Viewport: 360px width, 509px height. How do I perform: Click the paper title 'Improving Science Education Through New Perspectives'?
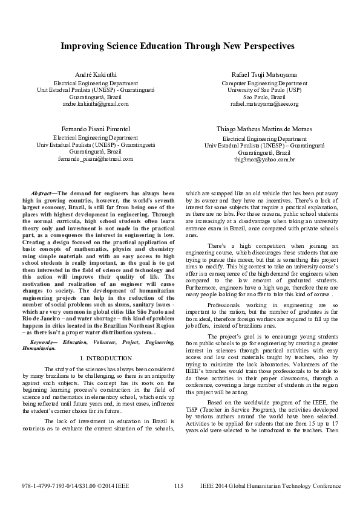[x=180, y=45]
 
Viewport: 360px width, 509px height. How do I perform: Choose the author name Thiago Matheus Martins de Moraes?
[x=264, y=129]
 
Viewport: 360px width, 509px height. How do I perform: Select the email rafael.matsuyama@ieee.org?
[x=264, y=104]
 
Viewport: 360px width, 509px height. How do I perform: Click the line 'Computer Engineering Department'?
[x=264, y=83]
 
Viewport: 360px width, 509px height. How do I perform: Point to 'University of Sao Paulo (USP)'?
[x=264, y=90]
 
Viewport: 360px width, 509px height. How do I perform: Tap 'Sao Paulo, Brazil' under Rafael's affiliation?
[x=264, y=97]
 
